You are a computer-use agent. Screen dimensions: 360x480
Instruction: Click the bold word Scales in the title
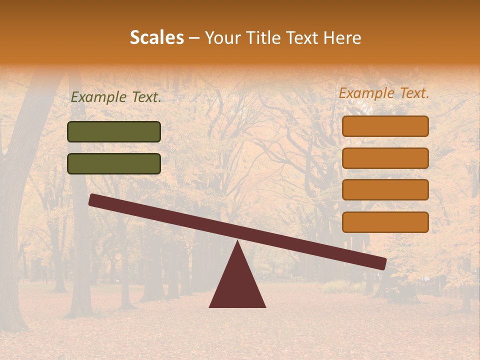click(x=156, y=38)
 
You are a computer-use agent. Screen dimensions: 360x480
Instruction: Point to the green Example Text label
click(x=116, y=97)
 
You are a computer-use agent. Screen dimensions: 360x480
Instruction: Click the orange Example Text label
click(x=384, y=93)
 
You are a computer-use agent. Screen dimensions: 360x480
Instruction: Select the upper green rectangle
click(x=114, y=132)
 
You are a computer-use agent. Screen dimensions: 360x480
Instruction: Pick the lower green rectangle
click(x=114, y=163)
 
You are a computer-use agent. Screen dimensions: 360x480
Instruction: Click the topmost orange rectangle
click(x=385, y=126)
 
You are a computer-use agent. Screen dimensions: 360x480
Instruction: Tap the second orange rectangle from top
click(x=385, y=158)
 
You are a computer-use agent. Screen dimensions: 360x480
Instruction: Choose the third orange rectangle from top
click(x=385, y=190)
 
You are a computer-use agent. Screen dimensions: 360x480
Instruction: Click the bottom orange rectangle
click(x=385, y=222)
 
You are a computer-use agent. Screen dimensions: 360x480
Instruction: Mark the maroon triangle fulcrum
click(x=237, y=285)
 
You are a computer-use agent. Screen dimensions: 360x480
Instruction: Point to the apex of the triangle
click(x=237, y=243)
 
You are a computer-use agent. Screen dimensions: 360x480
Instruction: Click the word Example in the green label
click(x=99, y=97)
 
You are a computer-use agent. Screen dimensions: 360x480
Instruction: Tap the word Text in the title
click(x=300, y=38)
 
